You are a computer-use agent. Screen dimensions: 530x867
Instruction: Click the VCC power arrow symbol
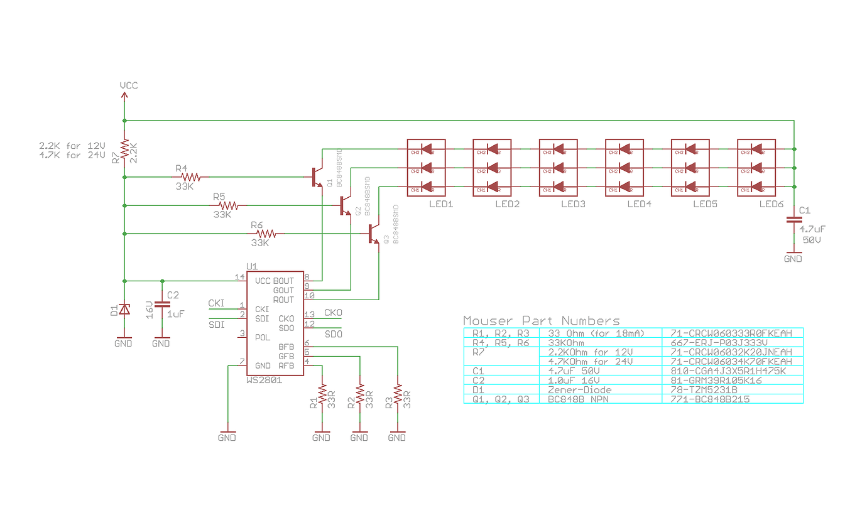click(x=124, y=96)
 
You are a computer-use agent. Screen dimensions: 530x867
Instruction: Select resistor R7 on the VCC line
click(x=124, y=149)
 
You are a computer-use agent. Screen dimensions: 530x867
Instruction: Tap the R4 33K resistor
click(x=188, y=177)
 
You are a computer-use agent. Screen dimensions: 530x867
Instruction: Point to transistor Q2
click(x=344, y=205)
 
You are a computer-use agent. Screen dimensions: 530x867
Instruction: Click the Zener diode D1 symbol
click(x=124, y=309)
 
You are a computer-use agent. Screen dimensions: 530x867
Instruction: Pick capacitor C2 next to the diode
click(x=162, y=303)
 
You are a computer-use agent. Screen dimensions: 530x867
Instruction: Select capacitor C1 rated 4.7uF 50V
click(x=794, y=220)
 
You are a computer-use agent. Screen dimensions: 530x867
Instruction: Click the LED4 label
click(x=639, y=204)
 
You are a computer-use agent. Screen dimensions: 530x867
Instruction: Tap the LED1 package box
click(x=426, y=168)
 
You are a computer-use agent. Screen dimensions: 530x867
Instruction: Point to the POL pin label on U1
click(x=263, y=337)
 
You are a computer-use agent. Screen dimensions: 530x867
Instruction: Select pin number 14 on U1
click(x=239, y=276)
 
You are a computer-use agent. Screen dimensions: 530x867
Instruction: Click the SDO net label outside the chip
click(x=333, y=334)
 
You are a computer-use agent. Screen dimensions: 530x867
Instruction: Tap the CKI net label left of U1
click(x=216, y=303)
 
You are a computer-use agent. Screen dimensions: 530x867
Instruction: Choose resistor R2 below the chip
click(x=360, y=396)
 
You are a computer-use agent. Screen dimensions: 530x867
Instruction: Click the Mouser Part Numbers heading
click(x=541, y=320)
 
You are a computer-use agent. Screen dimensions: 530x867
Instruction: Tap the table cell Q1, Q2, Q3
click(x=501, y=399)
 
